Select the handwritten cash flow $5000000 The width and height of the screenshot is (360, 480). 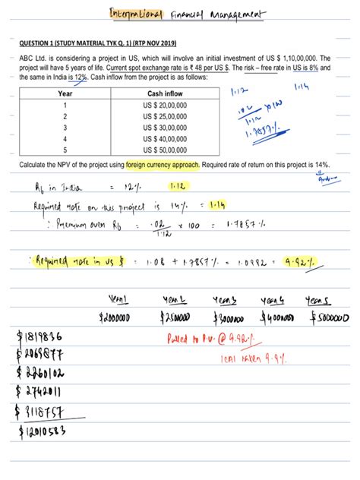[x=327, y=316]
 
